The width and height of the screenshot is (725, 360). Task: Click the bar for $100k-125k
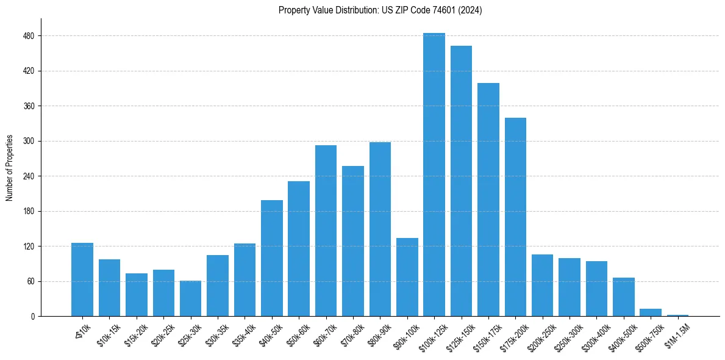coord(434,175)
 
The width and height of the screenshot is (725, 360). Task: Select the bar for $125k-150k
coord(461,181)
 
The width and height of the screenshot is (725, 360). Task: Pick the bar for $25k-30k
coord(190,298)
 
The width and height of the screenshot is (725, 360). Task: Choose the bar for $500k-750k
coord(651,312)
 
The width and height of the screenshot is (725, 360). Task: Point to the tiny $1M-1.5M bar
coord(677,315)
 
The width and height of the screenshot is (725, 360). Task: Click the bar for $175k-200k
coord(515,217)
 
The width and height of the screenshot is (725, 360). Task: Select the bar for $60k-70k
coord(326,231)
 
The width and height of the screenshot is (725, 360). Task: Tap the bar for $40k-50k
coord(272,258)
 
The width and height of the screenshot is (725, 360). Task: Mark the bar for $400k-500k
coord(624,297)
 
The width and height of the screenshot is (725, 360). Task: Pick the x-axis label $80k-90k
coord(378,335)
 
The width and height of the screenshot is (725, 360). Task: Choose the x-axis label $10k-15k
coord(109,335)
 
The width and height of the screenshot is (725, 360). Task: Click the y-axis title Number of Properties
coord(9,168)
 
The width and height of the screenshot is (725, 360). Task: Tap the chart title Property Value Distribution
coord(380,10)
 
